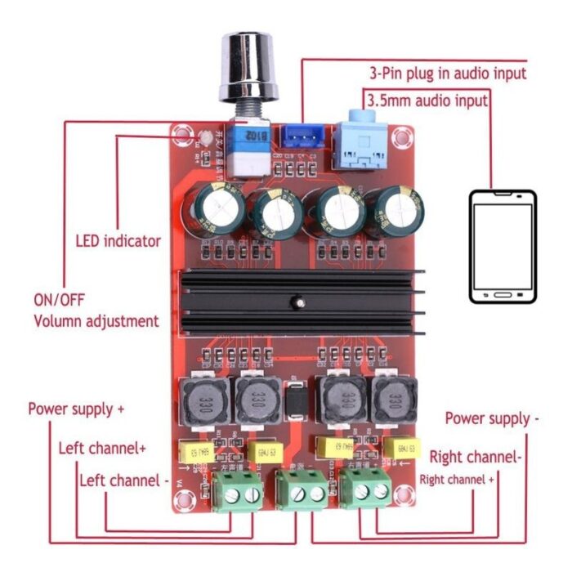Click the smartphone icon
coord(502,248)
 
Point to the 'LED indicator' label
coord(118,241)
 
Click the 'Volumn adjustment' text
coord(96,321)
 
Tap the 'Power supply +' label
coord(77,409)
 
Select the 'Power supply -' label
coord(492,418)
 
